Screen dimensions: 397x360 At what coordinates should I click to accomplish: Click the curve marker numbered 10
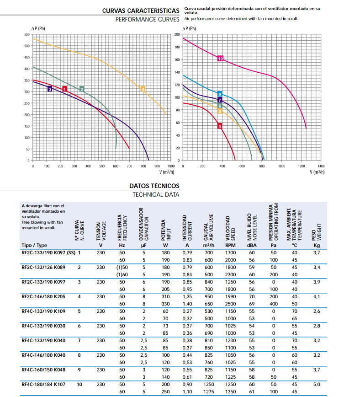point(220,59)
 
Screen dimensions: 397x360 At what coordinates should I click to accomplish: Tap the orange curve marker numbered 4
point(143,89)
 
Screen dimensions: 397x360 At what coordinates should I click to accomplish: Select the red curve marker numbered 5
point(220,126)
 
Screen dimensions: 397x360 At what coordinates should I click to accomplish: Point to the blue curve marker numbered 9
point(220,94)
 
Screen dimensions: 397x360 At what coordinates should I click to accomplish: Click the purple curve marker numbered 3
point(50,89)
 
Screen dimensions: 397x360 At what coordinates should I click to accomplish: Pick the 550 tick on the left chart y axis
point(26,35)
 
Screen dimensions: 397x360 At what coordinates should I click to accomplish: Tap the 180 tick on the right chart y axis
point(177,47)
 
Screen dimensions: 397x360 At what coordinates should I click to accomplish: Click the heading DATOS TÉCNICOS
point(154,186)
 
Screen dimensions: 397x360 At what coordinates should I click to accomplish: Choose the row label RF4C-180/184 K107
point(43,384)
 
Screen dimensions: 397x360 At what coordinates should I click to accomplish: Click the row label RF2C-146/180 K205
point(43,296)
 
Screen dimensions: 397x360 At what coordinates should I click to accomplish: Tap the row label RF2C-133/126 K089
point(43,267)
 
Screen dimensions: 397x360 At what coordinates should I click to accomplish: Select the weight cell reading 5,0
point(316,384)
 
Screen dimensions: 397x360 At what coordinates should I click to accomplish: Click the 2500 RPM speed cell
point(230,304)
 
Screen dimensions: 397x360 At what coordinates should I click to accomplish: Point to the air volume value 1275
point(209,392)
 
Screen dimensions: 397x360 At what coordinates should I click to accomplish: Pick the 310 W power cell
point(165,296)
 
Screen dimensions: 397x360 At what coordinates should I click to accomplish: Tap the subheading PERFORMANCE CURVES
point(147,20)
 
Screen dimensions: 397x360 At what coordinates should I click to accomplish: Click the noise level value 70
point(251,296)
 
